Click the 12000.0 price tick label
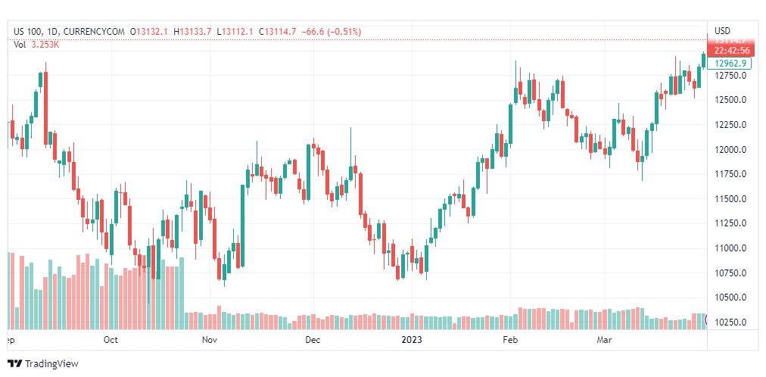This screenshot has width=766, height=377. pyautogui.click(x=730, y=149)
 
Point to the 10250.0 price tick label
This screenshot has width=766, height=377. pyautogui.click(x=730, y=322)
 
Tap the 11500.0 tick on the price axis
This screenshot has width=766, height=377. pyautogui.click(x=730, y=198)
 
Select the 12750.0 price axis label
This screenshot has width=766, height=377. pyautogui.click(x=730, y=76)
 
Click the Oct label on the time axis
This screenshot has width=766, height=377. pyautogui.click(x=111, y=340)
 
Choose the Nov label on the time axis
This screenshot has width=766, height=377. pyautogui.click(x=210, y=340)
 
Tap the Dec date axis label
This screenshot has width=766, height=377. pyautogui.click(x=313, y=340)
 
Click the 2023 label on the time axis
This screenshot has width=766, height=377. pyautogui.click(x=413, y=340)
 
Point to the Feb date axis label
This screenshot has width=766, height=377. pyautogui.click(x=512, y=340)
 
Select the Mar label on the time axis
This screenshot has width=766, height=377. pyautogui.click(x=605, y=340)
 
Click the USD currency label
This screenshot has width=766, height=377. pyautogui.click(x=722, y=30)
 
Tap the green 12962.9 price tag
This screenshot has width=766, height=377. pyautogui.click(x=730, y=63)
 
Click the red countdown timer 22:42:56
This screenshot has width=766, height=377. pyautogui.click(x=730, y=50)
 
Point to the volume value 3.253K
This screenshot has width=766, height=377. pyautogui.click(x=45, y=45)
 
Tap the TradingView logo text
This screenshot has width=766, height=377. pyautogui.click(x=51, y=364)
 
